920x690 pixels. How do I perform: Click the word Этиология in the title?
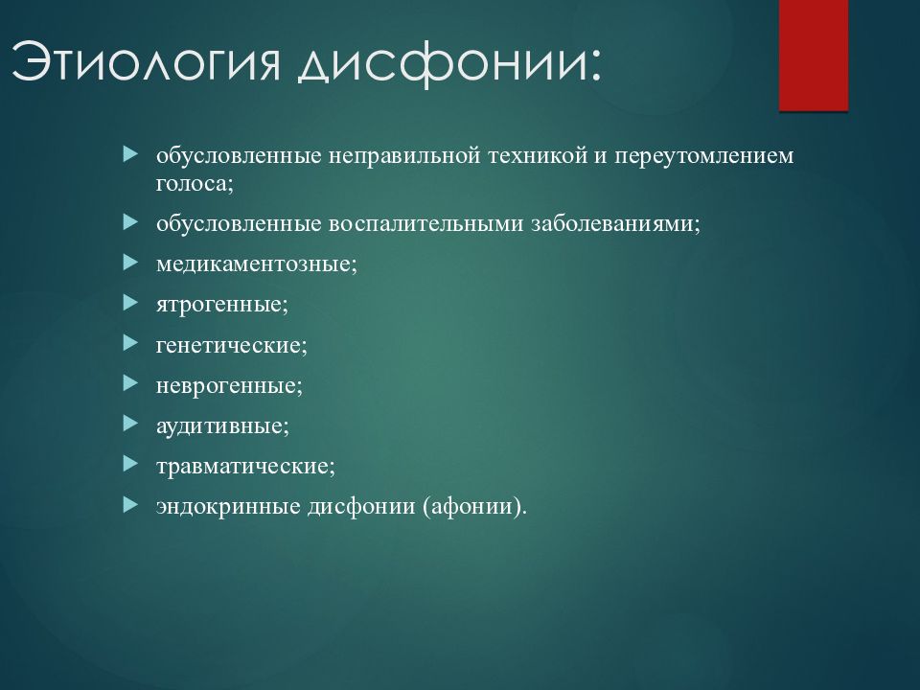146,61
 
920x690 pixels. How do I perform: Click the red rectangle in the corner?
814,56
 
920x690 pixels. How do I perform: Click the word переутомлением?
704,156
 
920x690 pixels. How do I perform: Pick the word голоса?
195,184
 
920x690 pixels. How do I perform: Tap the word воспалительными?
425,224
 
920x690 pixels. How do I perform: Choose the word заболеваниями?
616,224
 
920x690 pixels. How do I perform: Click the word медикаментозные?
257,264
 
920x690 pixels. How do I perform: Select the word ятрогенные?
222,305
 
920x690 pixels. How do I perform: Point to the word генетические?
232,345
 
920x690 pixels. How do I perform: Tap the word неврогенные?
229,386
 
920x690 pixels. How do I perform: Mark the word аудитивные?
223,425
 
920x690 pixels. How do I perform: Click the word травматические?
246,467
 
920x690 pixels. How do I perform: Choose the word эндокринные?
228,506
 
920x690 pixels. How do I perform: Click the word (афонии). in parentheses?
474,506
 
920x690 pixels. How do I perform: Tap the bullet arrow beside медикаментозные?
131,263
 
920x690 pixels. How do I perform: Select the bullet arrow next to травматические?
131,465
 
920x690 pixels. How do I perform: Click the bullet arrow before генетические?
131,343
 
